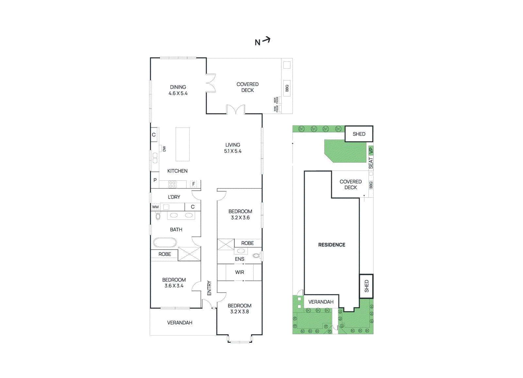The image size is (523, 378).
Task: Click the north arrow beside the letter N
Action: [x=267, y=40]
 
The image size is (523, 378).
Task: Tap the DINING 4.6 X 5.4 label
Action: [x=178, y=90]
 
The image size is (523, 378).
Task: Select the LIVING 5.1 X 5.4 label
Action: [x=232, y=148]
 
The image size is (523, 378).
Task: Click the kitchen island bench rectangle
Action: [x=182, y=144]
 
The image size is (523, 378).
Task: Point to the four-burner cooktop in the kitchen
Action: [x=172, y=185]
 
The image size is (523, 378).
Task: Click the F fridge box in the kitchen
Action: [x=194, y=184]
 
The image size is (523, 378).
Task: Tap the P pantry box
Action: [x=155, y=180]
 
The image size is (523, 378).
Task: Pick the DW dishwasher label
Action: [x=164, y=149]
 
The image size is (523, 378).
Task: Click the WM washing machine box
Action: [x=155, y=207]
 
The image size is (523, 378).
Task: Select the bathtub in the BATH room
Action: [x=165, y=242]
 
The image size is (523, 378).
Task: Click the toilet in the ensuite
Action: [x=257, y=255]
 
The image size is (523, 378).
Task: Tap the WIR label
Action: [x=240, y=272]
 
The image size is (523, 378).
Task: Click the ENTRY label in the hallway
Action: [x=209, y=288]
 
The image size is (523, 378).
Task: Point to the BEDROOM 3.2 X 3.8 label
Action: [x=240, y=308]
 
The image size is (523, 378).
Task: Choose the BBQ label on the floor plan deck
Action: [x=287, y=88]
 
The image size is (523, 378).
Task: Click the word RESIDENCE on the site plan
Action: [x=331, y=245]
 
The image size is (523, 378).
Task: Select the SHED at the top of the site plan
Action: [x=359, y=134]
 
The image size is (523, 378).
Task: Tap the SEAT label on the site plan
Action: [x=371, y=163]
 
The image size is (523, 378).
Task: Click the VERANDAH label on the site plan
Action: [x=321, y=302]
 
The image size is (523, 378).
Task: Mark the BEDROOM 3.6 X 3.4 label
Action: [x=174, y=283]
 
